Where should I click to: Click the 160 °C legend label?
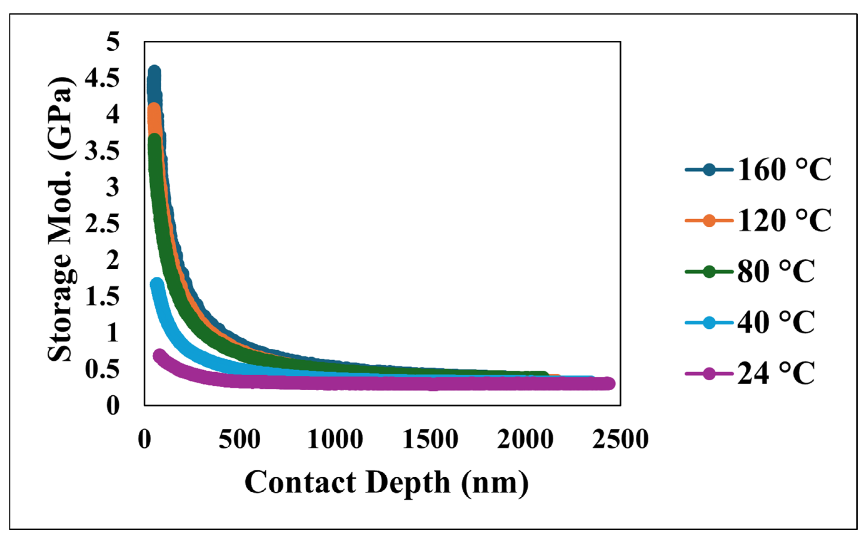coord(784,170)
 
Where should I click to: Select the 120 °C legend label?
coord(784,220)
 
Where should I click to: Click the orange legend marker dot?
coord(709,220)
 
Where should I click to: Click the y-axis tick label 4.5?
coord(102,79)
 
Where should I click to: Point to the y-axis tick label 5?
coord(113,42)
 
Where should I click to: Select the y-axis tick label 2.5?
coord(102,224)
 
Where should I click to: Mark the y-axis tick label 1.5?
coord(102,297)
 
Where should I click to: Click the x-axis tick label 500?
coord(240,439)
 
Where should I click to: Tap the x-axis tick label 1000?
coord(335,439)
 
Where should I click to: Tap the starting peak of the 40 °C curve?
coord(157,284)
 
